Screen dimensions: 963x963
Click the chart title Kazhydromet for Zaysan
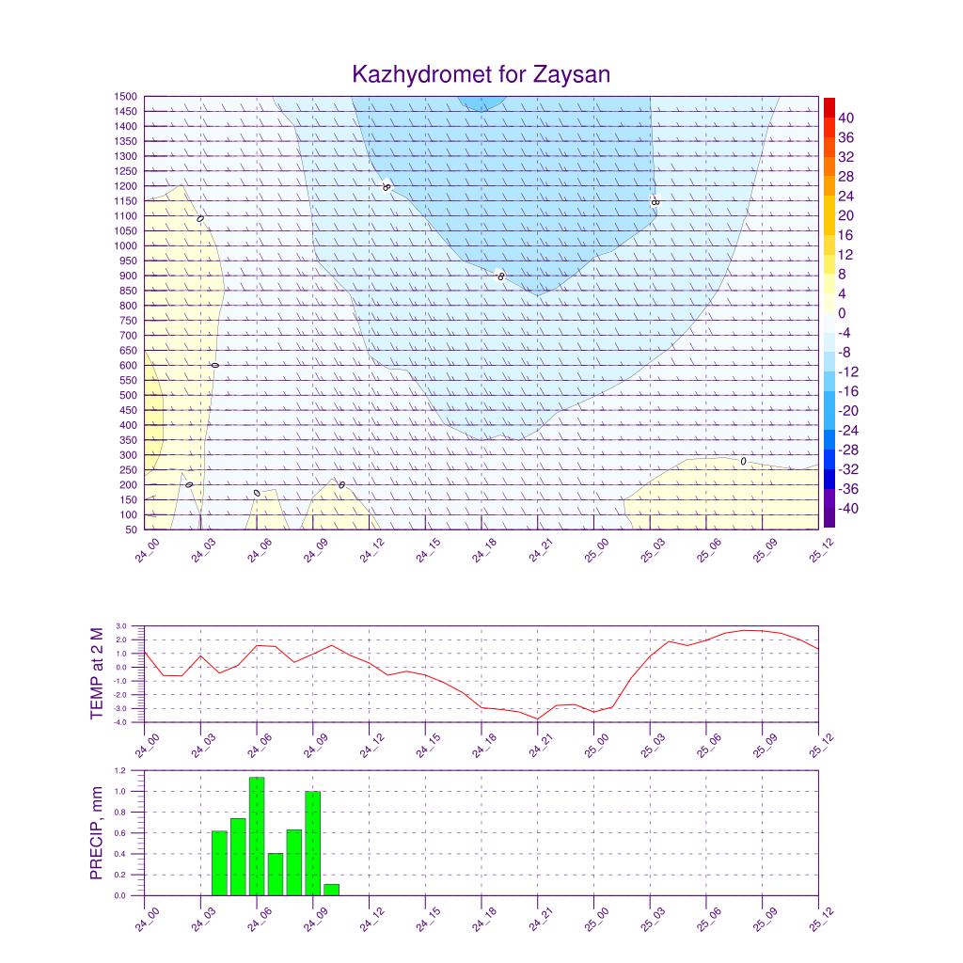481,74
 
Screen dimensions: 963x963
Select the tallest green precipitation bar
257,836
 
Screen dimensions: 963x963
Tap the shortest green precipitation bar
331,890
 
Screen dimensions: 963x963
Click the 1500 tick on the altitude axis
127,97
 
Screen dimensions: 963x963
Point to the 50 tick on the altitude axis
131,529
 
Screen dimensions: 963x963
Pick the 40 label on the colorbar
846,118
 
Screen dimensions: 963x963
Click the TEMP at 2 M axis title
98,673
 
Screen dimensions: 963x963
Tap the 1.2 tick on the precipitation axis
120,770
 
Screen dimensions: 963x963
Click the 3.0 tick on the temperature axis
120,625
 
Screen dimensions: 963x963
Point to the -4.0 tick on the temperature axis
119,722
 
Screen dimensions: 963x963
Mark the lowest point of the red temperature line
538,719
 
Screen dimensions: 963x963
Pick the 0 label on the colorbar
842,313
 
